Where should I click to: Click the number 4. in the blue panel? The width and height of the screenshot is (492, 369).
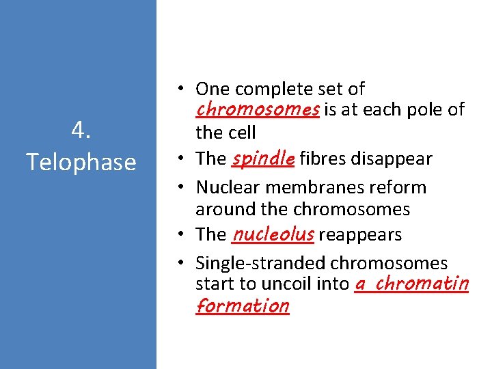81,131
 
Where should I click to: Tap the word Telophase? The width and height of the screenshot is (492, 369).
81,162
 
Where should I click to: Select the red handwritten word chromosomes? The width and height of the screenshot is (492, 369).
257,109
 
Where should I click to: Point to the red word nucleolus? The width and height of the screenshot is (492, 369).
273,234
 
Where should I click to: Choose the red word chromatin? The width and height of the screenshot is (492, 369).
422,282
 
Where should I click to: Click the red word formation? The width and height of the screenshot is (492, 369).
243,305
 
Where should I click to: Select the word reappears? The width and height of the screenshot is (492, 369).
360,235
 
